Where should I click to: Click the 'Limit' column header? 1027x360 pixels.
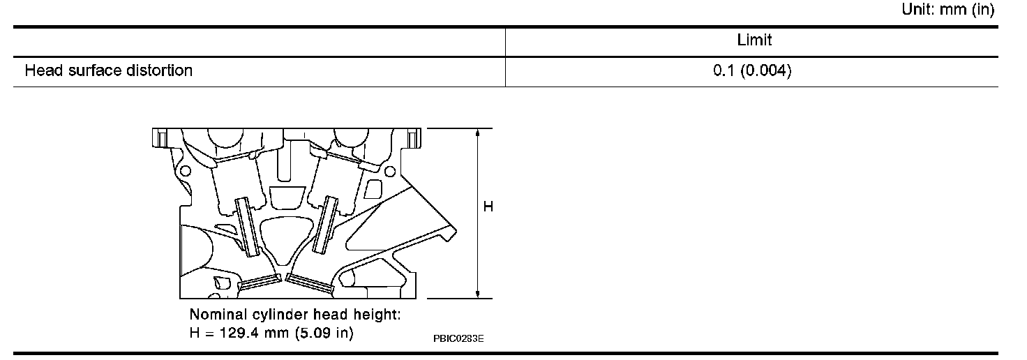click(x=754, y=40)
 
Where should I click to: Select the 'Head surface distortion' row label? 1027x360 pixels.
click(x=109, y=70)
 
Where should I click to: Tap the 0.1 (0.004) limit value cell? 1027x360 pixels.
click(x=752, y=70)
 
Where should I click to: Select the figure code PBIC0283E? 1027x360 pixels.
click(x=458, y=338)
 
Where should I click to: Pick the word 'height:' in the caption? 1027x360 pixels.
click(x=378, y=315)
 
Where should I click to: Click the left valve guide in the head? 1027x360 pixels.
click(x=248, y=225)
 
